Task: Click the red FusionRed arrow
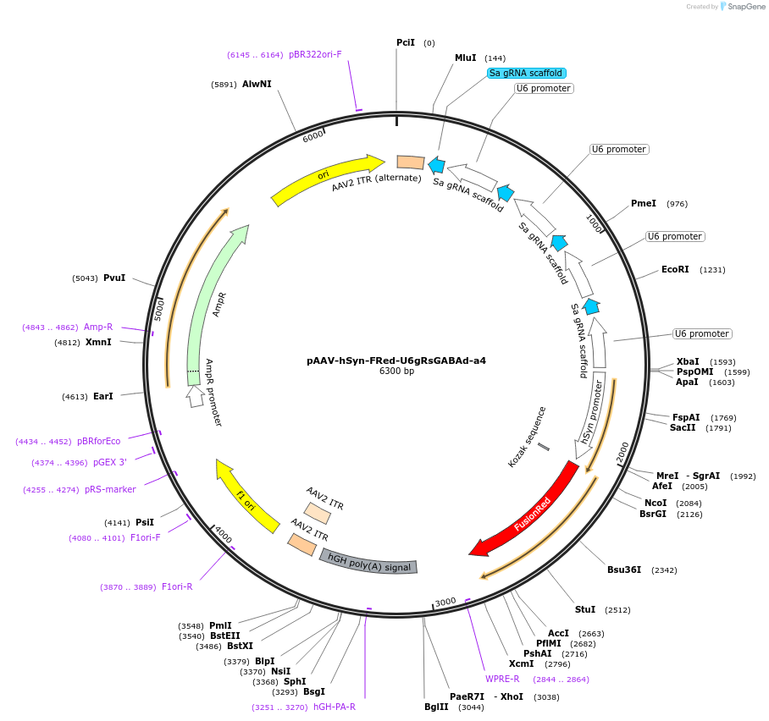coord(532,515)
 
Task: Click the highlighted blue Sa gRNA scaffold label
coord(526,73)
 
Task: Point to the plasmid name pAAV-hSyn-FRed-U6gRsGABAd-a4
coord(396,360)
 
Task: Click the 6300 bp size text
coord(396,371)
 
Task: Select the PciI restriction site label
coord(406,42)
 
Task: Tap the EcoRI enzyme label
coord(675,269)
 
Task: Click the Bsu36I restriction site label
coord(624,570)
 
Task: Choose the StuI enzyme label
coord(585,609)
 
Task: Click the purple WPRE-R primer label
coord(502,679)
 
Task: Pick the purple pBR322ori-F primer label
coord(315,54)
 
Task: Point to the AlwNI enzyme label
coord(257,84)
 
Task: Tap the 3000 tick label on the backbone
coord(445,602)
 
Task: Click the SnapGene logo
coord(743,7)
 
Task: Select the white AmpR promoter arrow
coord(195,396)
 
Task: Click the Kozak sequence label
coord(527,437)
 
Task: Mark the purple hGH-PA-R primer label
coord(335,707)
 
